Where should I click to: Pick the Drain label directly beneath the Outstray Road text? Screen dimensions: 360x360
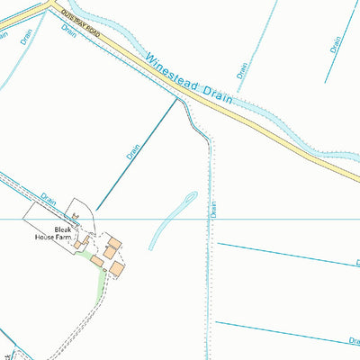(68, 30)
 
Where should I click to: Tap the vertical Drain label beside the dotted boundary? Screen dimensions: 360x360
(214, 208)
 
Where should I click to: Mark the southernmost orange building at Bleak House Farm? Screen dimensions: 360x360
(117, 268)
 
